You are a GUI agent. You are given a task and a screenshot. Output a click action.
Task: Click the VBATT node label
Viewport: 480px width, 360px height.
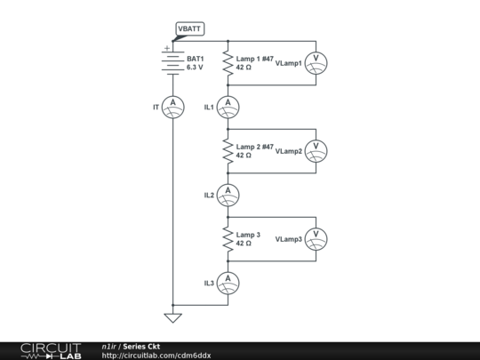(x=189, y=29)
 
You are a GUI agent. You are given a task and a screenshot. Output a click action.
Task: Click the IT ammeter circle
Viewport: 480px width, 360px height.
(x=175, y=107)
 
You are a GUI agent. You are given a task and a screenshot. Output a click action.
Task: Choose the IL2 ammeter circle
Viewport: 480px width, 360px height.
(x=228, y=194)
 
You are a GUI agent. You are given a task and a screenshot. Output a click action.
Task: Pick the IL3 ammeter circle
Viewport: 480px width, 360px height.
(x=228, y=282)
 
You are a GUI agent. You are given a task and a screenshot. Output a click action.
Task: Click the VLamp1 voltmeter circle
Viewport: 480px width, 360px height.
(x=316, y=63)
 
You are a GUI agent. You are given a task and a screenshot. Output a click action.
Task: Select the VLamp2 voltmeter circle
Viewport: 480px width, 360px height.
(x=316, y=150)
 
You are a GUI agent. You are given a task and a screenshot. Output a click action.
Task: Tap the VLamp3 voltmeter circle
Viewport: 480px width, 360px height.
(x=316, y=238)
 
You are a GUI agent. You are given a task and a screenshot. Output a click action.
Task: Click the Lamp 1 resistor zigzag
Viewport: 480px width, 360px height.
(x=228, y=62)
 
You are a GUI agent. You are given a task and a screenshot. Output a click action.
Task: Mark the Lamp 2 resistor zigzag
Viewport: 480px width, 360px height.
(x=228, y=150)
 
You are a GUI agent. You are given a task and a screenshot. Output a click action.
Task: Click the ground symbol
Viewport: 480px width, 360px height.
(x=175, y=316)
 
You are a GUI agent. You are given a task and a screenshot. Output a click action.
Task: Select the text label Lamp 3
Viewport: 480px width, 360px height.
(x=248, y=235)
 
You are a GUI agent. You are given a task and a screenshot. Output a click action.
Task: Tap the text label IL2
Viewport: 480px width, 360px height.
(x=210, y=195)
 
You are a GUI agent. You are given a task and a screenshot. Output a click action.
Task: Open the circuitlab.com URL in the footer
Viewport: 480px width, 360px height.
(x=156, y=356)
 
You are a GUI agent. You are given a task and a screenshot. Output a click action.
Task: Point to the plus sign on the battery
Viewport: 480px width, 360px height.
(x=165, y=49)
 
